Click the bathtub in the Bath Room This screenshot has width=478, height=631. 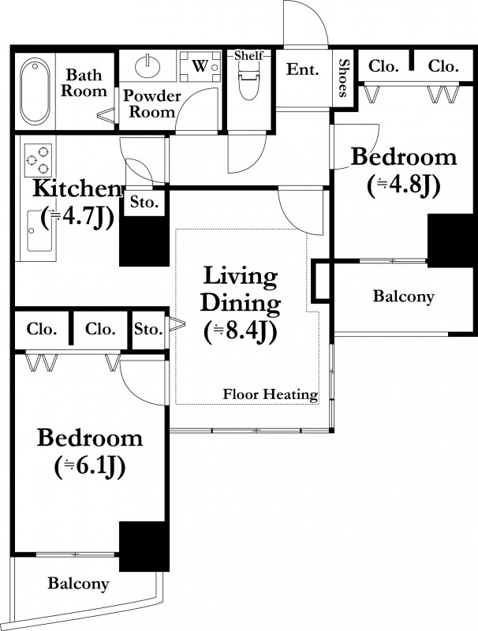pyautogui.click(x=35, y=91)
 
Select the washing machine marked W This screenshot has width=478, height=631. pyautogui.click(x=200, y=65)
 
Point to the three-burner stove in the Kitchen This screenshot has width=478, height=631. pyautogui.click(x=38, y=160)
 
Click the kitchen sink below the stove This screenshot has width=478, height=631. pyautogui.click(x=39, y=230)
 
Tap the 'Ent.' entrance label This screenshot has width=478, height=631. pyautogui.click(x=303, y=69)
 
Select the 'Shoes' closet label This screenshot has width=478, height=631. pyautogui.click(x=343, y=78)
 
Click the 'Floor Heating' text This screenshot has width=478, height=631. pyautogui.click(x=271, y=394)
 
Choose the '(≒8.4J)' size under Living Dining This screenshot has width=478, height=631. pyautogui.click(x=241, y=332)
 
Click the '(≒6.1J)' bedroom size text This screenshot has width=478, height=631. pyautogui.click(x=90, y=466)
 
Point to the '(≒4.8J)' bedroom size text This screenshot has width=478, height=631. pyautogui.click(x=403, y=185)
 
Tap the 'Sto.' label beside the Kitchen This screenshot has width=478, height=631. pyautogui.click(x=144, y=203)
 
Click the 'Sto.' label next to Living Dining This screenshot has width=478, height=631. pyautogui.click(x=148, y=329)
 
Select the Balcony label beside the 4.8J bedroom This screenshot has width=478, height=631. pyautogui.click(x=404, y=297)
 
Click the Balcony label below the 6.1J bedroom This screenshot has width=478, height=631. pyautogui.click(x=78, y=583)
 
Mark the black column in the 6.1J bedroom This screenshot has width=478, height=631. pyautogui.click(x=144, y=546)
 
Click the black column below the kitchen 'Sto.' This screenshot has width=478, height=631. pyautogui.click(x=144, y=241)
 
